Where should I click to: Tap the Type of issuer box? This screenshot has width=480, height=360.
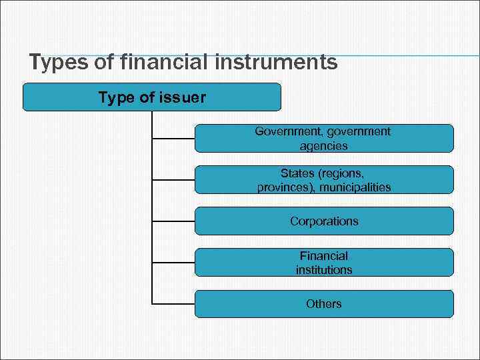pos(152,97)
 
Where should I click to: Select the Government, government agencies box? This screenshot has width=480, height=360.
pos(324,138)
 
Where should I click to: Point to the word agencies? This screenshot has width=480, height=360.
pos(323,145)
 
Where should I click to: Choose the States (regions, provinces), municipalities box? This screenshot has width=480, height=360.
pos(324,180)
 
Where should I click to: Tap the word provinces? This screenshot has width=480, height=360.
pos(285,187)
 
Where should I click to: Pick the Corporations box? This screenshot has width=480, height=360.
pos(324,221)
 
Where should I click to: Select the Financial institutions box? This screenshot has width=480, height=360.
pos(324,263)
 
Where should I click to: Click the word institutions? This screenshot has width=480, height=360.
pos(324,270)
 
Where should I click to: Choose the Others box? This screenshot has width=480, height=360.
pos(324,304)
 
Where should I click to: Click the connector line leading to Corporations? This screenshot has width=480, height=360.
pos(173,221)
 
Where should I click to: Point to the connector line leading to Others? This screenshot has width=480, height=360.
pos(173,304)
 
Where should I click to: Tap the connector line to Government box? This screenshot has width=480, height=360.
pos(173,139)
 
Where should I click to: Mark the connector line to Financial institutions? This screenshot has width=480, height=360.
pos(173,263)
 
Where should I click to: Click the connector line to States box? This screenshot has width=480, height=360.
pos(173,180)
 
